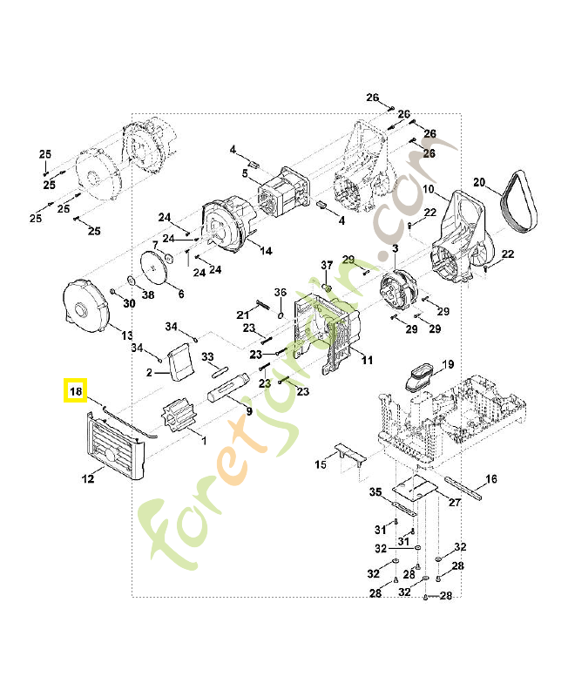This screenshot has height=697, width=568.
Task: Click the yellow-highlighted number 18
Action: coord(76,392)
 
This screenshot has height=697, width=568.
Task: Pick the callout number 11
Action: coord(367,360)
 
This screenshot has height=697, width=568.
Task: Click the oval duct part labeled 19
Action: coord(423,376)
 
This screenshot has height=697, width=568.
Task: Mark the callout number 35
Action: coord(375,492)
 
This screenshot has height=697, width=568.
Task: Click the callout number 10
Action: coord(428,189)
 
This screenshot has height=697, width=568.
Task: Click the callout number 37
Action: coord(328,265)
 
